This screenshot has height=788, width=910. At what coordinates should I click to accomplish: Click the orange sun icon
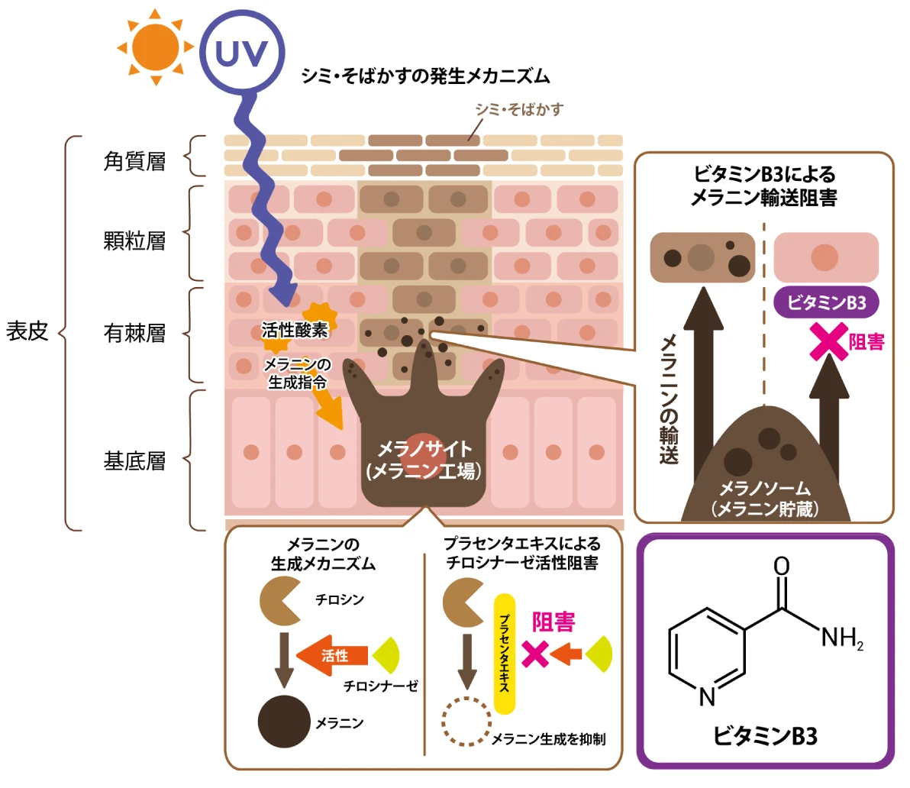click(155, 47)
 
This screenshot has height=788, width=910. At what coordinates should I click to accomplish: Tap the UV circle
click(241, 53)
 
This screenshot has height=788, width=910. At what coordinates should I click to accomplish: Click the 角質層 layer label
click(134, 161)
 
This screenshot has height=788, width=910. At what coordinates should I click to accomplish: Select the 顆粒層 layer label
click(134, 241)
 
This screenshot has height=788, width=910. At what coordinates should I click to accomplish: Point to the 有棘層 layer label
click(134, 334)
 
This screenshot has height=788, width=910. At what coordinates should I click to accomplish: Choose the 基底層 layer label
click(134, 461)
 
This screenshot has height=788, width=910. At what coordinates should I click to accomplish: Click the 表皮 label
click(27, 331)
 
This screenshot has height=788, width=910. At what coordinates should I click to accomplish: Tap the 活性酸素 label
click(295, 330)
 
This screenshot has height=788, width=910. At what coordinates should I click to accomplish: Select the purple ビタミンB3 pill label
click(826, 302)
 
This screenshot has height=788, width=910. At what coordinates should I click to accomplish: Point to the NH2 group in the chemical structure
click(841, 638)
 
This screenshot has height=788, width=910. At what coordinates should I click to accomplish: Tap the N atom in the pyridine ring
click(707, 696)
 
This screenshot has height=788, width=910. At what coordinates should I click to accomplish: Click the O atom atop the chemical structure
click(781, 567)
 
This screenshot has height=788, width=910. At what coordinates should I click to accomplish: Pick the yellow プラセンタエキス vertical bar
click(505, 654)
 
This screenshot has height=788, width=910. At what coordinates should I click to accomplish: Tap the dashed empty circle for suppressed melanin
click(466, 722)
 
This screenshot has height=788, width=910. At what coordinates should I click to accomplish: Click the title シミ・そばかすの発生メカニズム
click(425, 76)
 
